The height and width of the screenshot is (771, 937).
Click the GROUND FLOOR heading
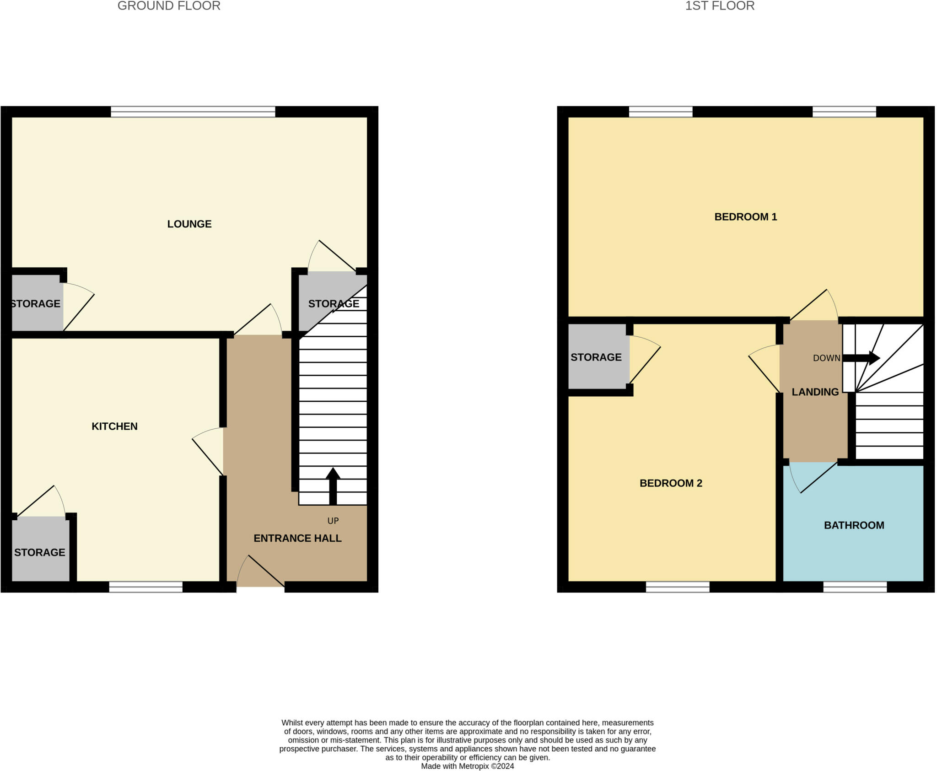[169, 6]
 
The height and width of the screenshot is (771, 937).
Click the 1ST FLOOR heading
[720, 6]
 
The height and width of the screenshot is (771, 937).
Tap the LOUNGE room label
[189, 224]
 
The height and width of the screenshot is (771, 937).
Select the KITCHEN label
[114, 426]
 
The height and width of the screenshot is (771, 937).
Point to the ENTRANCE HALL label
[297, 538]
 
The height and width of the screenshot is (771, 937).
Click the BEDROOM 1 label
[745, 217]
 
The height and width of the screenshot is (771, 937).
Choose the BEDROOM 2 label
[671, 483]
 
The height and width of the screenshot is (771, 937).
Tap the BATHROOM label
[854, 525]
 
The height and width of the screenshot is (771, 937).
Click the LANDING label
[815, 392]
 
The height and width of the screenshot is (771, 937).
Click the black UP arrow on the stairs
[333, 485]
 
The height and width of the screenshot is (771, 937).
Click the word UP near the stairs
[333, 521]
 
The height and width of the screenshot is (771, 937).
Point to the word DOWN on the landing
[826, 358]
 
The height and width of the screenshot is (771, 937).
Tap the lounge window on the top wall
[193, 112]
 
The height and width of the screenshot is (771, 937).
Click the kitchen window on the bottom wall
[145, 587]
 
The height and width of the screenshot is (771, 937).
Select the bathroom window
[855, 587]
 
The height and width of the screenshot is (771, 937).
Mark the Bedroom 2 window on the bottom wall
[678, 587]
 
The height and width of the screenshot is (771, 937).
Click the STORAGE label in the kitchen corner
[40, 552]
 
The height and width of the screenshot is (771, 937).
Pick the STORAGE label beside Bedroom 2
[596, 357]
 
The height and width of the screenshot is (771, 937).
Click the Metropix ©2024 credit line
[467, 766]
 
